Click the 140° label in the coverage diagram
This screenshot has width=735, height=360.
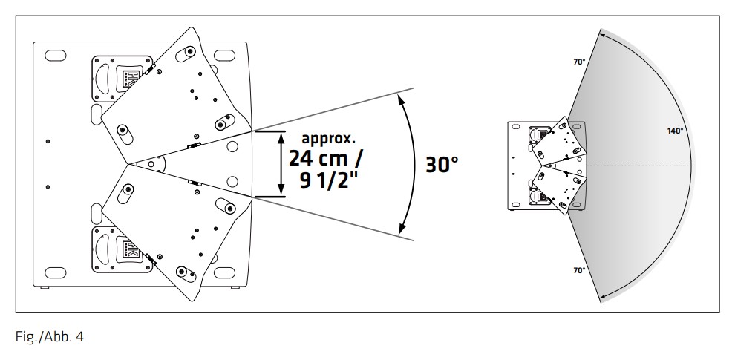click(x=675, y=131)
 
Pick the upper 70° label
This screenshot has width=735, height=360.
click(x=579, y=62)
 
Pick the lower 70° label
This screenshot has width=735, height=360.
click(x=579, y=270)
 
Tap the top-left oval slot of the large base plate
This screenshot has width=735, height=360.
click(x=56, y=55)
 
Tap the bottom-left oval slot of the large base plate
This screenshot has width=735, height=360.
click(x=56, y=272)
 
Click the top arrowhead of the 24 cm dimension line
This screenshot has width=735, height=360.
click(x=281, y=135)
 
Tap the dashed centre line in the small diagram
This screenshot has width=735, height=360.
click(x=638, y=164)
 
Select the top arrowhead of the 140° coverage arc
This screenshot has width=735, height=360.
click(x=604, y=33)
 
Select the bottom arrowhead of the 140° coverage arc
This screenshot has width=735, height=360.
click(x=604, y=295)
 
